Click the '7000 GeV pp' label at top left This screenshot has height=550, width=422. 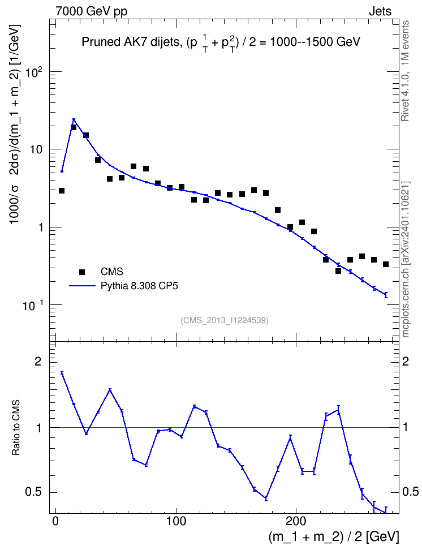91,11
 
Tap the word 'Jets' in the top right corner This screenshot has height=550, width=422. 380,11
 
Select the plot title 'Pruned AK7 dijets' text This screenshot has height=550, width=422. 131,42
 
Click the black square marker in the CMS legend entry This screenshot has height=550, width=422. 83,272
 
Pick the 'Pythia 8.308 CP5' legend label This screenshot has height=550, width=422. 139,286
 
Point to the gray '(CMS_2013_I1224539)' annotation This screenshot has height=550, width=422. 225,320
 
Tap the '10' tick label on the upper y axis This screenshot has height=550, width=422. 35,150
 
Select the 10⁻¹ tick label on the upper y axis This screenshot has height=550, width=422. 33,306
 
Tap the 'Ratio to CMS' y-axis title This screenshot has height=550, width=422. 16,428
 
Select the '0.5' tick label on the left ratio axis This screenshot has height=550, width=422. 34,492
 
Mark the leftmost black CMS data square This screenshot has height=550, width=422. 62,191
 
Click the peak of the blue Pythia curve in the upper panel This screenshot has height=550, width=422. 74,119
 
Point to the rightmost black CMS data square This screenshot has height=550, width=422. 386,264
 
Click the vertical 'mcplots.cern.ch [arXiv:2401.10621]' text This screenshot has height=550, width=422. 406,259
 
